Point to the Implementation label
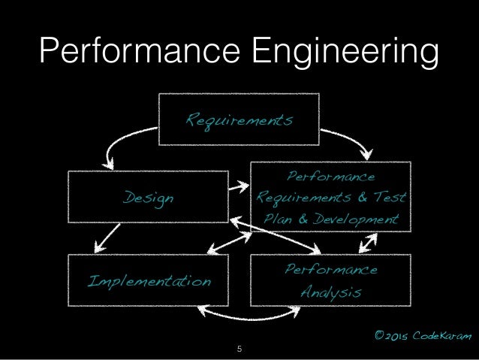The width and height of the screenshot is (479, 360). tap(149, 281)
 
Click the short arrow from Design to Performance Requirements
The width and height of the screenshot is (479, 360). tap(239, 187)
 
